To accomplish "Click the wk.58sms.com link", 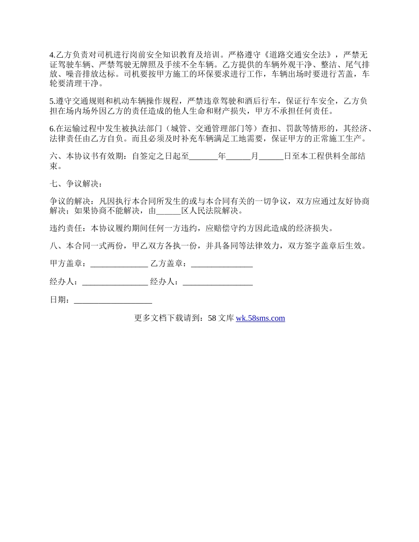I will pos(260,318).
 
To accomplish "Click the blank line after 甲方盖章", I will pos(119,264).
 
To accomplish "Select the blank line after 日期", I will pos(113,300).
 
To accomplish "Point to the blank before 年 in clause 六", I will pos(203,156).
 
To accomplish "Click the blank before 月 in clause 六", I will pos(239,156).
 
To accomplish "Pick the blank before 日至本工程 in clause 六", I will pos(271,156).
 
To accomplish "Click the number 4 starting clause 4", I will pos(52,56).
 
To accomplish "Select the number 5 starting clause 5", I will pos(52,101).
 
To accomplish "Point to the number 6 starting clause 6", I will pos(52,129).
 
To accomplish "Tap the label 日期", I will pos(60,300).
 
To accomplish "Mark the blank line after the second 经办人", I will pos(217,282).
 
